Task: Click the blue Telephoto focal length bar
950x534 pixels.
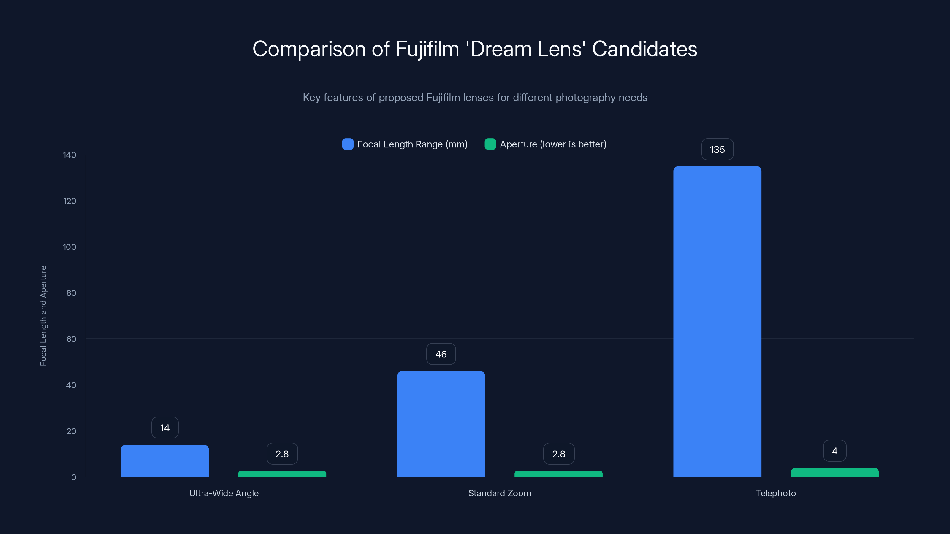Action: click(717, 321)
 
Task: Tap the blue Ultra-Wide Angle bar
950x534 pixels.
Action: click(164, 461)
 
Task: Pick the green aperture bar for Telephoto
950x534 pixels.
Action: click(835, 473)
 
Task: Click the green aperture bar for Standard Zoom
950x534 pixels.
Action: click(558, 473)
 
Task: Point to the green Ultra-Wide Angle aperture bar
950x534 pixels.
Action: click(282, 473)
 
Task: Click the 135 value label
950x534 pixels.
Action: click(717, 150)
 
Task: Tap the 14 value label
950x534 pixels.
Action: click(165, 428)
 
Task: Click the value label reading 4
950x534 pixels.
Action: click(835, 451)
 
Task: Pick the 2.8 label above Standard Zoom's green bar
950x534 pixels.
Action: click(559, 454)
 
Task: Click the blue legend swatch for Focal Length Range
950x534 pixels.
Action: click(347, 144)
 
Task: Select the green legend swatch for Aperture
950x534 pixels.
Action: click(490, 144)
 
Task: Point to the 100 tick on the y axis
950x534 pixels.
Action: click(69, 247)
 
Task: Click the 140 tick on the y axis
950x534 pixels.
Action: click(69, 155)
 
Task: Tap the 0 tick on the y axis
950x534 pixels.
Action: click(73, 477)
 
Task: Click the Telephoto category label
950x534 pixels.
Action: click(776, 493)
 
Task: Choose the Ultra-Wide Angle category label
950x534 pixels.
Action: click(224, 493)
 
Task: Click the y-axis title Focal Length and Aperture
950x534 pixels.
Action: click(43, 316)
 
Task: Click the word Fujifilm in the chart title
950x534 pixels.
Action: click(427, 49)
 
